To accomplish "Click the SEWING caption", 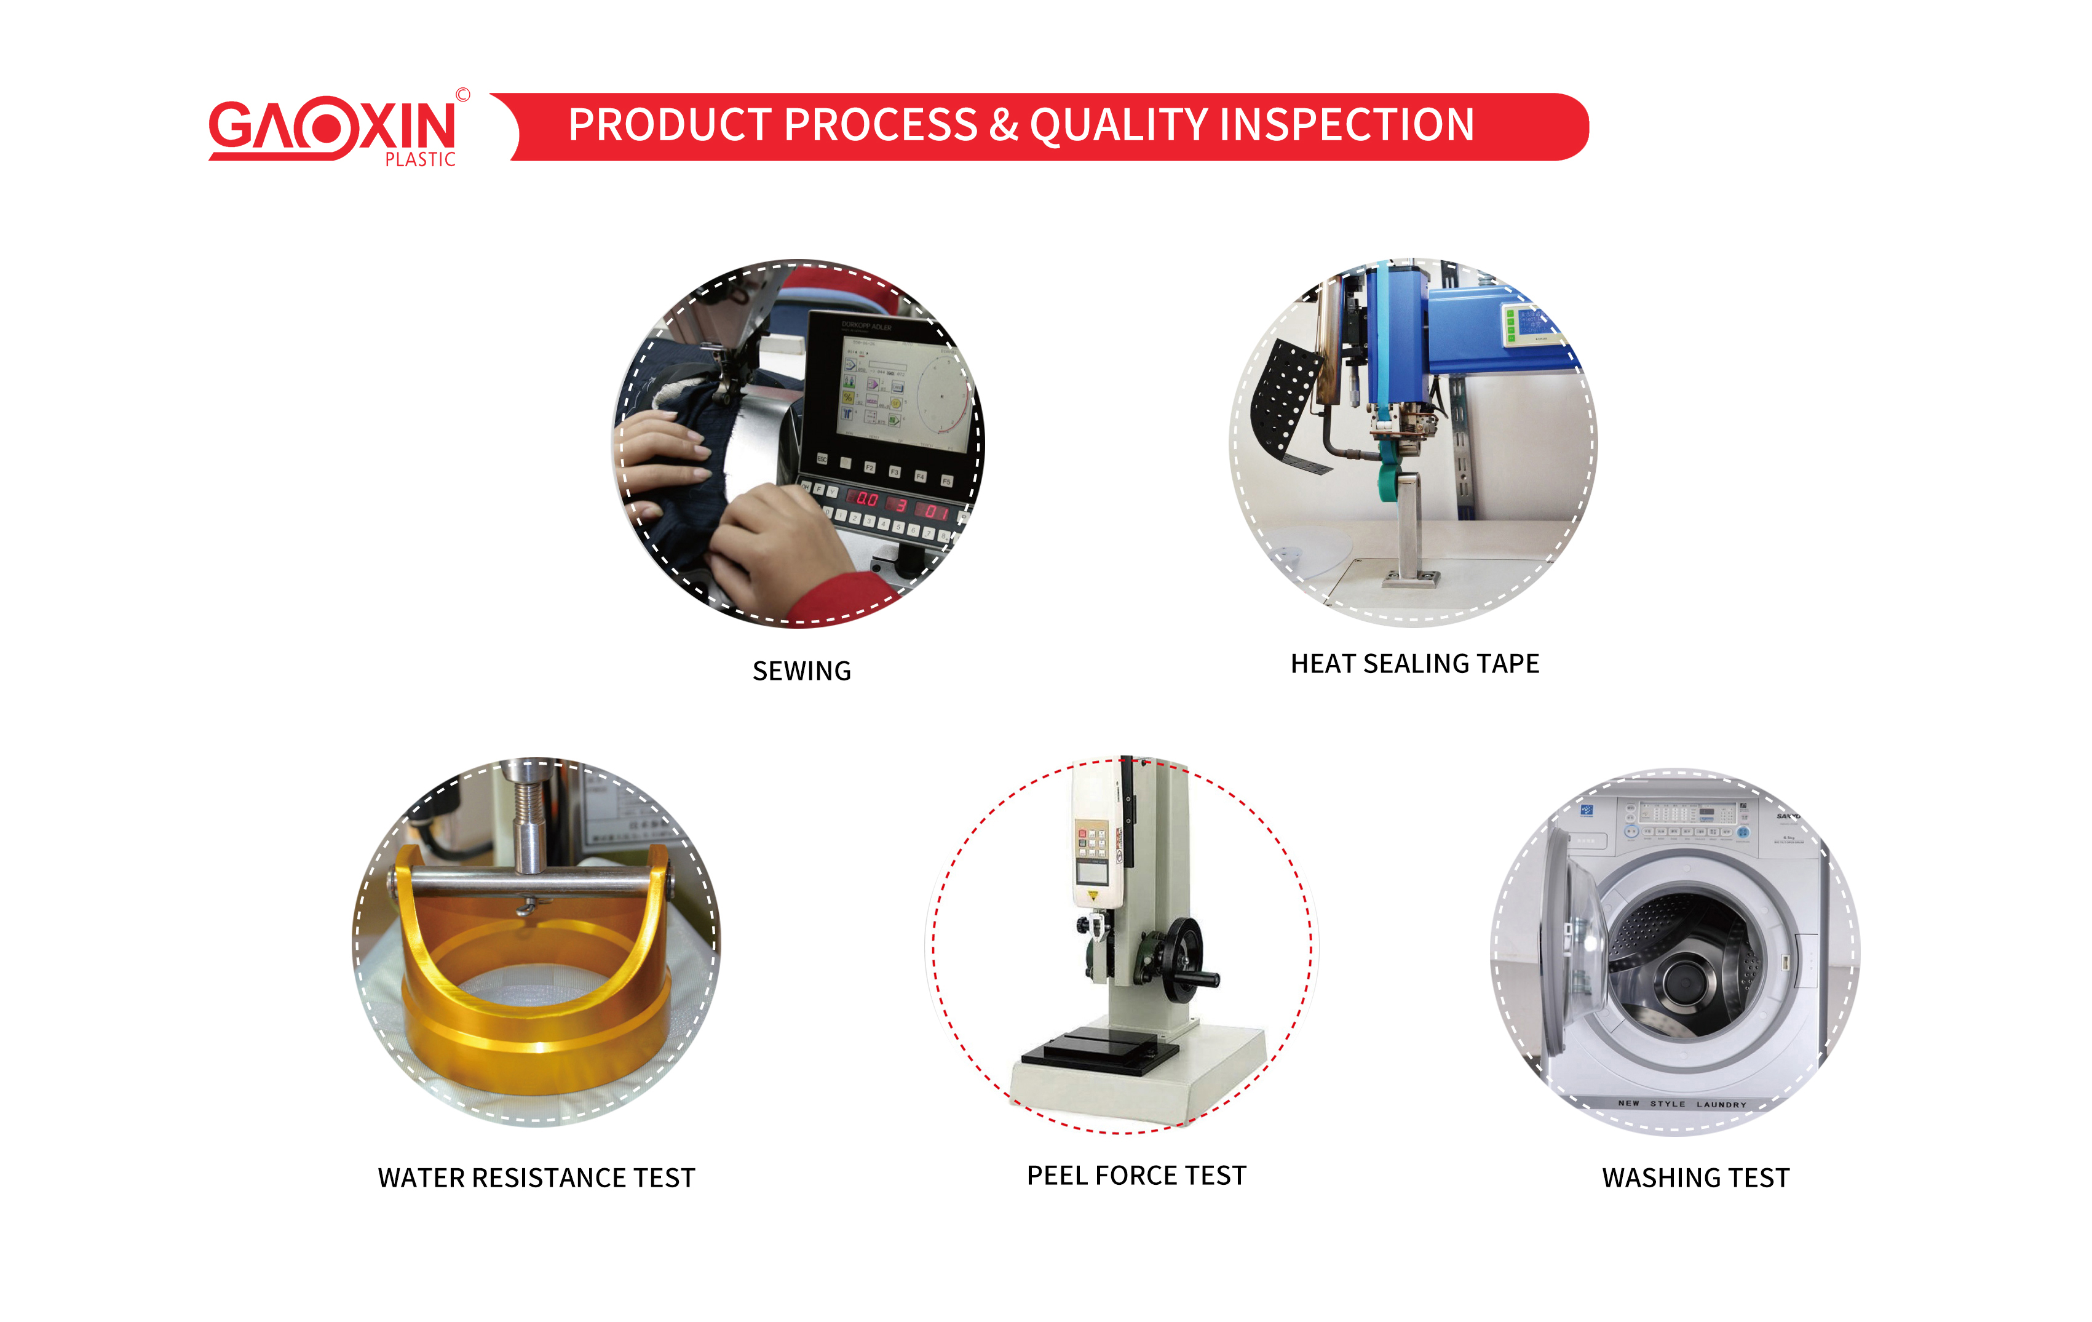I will pos(801,671).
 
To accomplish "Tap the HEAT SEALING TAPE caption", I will pos(1414,664).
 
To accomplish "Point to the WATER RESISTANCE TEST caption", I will pos(536,1177).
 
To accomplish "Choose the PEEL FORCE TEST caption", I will pos(1136,1175).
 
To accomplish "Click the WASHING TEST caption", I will pos(1695,1177).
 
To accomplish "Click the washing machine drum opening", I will pos(1686,965).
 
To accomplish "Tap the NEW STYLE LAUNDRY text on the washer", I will pos(1681,1104).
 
